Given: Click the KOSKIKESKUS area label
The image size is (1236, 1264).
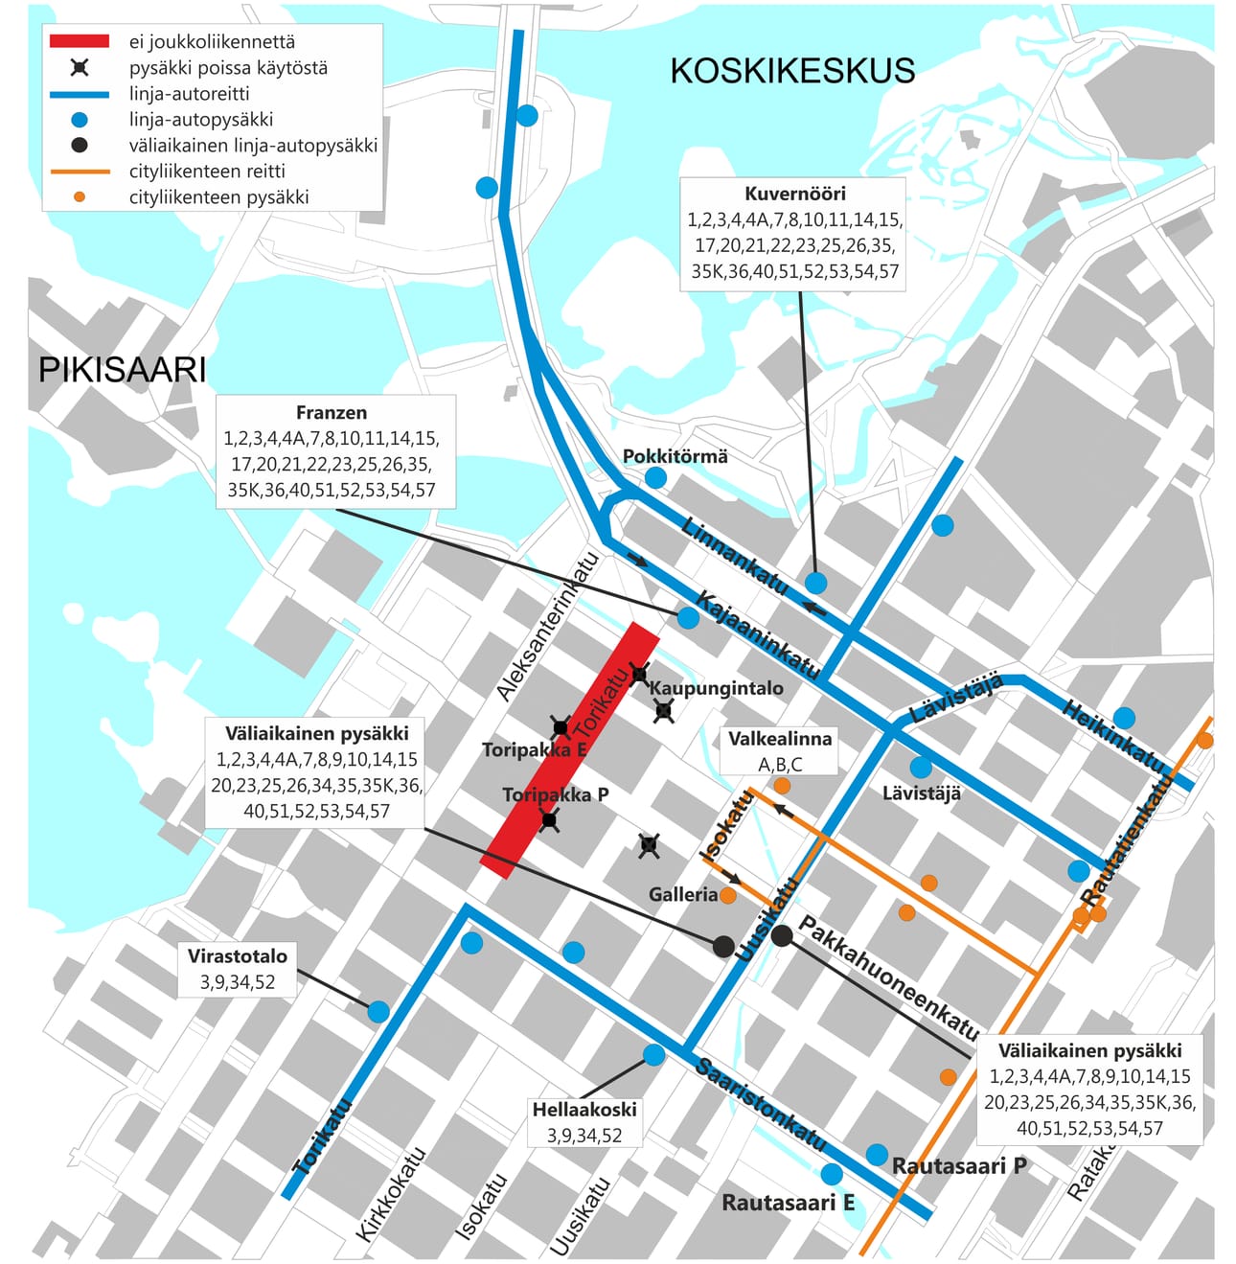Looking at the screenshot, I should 791,71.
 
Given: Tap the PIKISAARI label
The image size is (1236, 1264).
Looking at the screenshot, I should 122,370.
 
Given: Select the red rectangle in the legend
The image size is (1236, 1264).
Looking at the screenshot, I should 79,41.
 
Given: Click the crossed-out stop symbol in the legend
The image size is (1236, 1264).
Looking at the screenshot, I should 80,68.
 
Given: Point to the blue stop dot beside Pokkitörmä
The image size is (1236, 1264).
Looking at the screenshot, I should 655,477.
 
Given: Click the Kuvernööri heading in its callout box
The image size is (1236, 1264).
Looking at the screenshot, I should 794,194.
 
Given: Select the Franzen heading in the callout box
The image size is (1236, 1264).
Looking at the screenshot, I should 331,413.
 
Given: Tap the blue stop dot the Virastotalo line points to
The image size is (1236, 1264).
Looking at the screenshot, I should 378,1011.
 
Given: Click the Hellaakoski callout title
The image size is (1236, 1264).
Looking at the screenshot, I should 584,1110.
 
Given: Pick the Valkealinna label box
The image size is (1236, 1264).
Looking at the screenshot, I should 780,750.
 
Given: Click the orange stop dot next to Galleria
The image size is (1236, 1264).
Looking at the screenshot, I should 728,896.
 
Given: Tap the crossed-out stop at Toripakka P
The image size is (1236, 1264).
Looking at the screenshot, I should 548,819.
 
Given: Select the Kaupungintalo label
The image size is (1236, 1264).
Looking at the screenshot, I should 716,688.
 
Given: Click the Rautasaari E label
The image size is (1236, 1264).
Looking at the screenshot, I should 788,1203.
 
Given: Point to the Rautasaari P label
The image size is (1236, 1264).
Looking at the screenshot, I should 959,1166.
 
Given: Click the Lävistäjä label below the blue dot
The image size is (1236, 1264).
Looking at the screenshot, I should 921,793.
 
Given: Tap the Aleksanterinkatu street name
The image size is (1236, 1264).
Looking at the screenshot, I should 548,627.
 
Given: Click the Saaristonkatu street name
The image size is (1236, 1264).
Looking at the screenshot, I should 760,1104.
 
